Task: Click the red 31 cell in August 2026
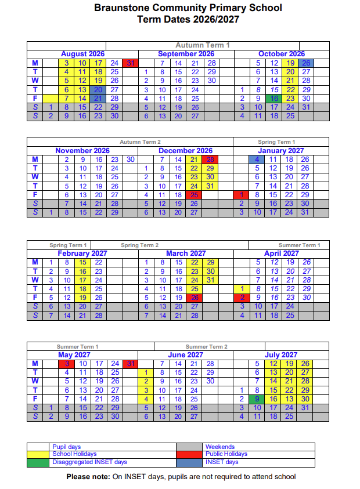(x=131, y=63)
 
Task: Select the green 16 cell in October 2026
(x=274, y=99)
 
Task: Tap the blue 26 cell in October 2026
(x=306, y=63)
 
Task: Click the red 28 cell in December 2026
(x=210, y=160)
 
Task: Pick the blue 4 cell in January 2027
(x=258, y=160)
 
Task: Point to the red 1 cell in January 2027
(x=242, y=195)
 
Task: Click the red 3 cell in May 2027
(x=67, y=364)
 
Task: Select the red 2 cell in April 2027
(x=242, y=298)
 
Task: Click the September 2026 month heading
(x=186, y=54)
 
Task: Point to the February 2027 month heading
(x=82, y=253)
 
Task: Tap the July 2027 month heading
(x=280, y=354)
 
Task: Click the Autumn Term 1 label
(x=203, y=45)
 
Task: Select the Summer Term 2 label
(x=206, y=346)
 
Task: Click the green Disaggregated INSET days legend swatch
(x=38, y=462)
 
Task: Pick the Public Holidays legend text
(x=226, y=454)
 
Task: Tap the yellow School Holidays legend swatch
(x=38, y=454)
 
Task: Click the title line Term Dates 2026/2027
(x=180, y=19)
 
